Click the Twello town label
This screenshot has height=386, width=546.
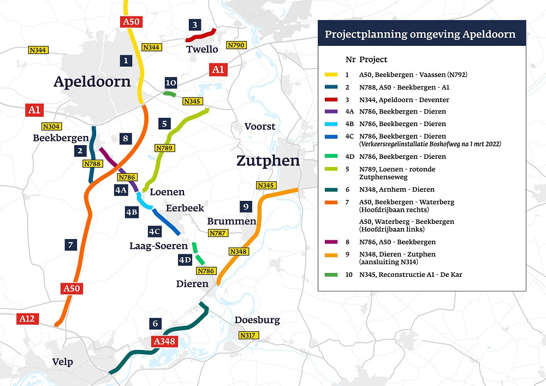(x=202, y=49)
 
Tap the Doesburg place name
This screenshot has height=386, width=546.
(x=257, y=320)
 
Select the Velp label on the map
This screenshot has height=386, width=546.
(x=62, y=362)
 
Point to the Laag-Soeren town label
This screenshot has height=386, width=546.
(x=155, y=246)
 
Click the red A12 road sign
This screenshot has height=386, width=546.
(x=27, y=318)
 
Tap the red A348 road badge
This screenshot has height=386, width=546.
(x=164, y=342)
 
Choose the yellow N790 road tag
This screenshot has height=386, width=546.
(x=236, y=45)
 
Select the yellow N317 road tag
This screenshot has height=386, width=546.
(x=248, y=335)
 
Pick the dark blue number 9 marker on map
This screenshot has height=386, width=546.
(x=246, y=206)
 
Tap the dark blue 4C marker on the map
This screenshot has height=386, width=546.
(x=155, y=231)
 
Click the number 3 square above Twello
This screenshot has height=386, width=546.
(x=194, y=25)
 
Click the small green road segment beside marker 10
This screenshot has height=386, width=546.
(x=170, y=94)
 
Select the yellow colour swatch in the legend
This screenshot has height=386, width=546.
(x=331, y=74)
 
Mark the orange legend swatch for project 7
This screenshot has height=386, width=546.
(x=331, y=202)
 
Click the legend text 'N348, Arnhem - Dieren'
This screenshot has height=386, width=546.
(x=397, y=189)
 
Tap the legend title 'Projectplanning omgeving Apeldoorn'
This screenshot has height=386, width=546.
(x=420, y=34)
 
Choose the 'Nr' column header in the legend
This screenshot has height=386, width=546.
(x=350, y=59)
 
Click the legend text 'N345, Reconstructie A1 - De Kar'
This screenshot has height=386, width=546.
(x=411, y=275)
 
